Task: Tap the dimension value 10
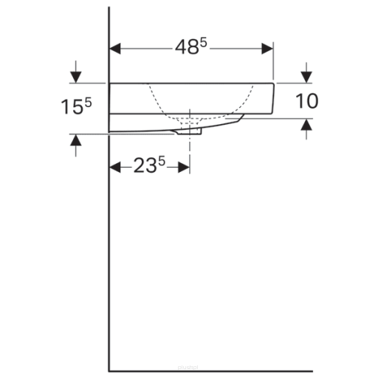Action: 306,101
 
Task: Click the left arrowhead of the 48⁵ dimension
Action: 115,48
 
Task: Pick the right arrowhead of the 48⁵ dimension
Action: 269,48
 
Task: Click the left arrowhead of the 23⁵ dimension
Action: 115,167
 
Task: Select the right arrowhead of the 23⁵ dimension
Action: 185,167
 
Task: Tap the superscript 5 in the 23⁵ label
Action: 162,161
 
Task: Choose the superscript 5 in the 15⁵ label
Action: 89,101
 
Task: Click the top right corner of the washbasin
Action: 274,83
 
